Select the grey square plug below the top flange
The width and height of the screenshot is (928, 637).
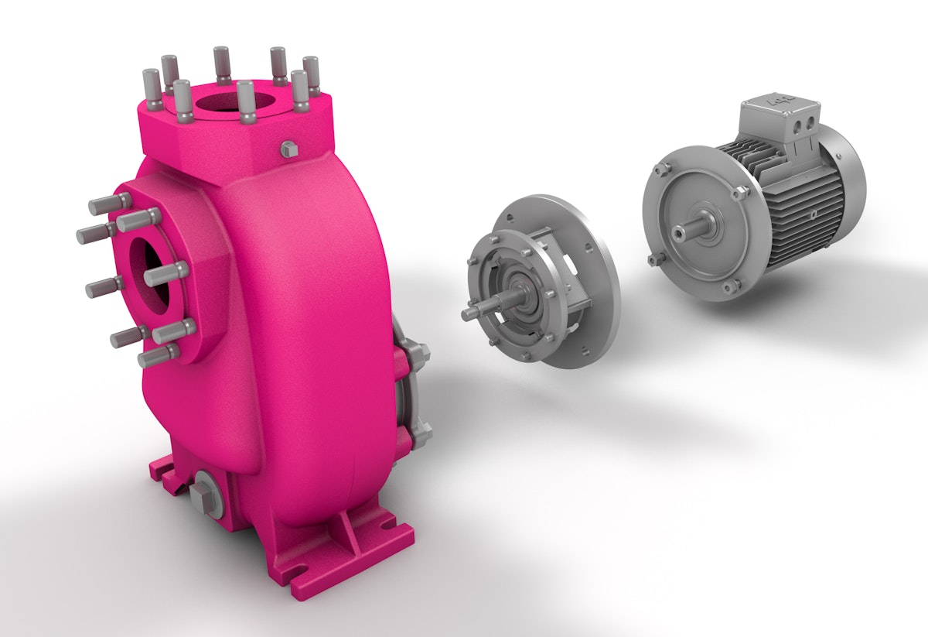coord(288,149)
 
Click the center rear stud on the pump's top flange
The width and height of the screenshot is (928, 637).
coord(221,62)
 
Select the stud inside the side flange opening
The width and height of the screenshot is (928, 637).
coord(166,273)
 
